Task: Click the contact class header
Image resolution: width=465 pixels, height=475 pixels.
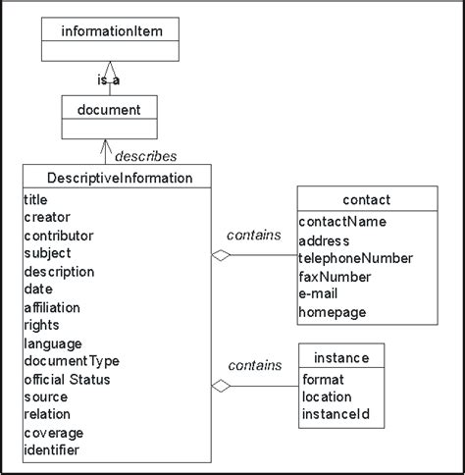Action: (x=368, y=200)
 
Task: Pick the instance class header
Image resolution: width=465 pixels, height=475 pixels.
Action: (x=340, y=354)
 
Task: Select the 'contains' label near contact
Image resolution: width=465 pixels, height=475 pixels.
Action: (x=254, y=235)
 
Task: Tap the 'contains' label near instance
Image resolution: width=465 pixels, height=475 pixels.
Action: (x=254, y=365)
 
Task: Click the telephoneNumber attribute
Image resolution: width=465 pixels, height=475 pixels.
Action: (x=355, y=258)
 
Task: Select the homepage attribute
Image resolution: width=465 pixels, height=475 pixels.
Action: (x=332, y=312)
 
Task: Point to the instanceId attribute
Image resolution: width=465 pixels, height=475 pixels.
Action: (x=335, y=415)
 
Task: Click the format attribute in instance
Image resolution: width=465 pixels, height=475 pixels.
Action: (x=323, y=379)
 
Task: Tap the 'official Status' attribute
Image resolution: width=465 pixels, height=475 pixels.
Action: (x=67, y=379)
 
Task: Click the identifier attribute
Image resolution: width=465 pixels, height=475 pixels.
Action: (x=51, y=450)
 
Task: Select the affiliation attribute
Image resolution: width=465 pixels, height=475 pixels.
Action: (x=51, y=307)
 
